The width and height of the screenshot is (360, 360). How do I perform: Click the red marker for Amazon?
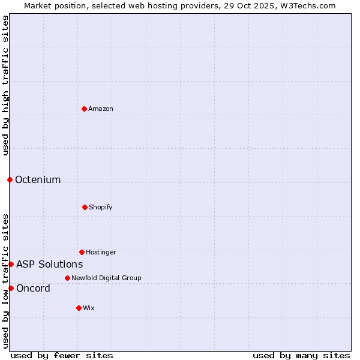tap(84, 109)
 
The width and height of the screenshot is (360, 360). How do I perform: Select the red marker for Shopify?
tap(85, 207)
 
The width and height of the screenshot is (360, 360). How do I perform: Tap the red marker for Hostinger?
tap(82, 252)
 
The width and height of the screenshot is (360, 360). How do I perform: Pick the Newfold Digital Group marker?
tap(67, 278)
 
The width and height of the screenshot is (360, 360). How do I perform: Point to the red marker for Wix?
tap(79, 308)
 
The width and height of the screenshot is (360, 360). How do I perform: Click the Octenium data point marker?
tap(10, 179)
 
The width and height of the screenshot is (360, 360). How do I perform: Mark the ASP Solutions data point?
tap(11, 264)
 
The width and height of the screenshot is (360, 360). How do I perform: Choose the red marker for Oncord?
tap(11, 288)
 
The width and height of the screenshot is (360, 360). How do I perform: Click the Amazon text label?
tap(101, 109)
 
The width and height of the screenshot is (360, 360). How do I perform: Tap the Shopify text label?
tap(101, 207)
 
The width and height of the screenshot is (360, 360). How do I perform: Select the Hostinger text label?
tap(101, 252)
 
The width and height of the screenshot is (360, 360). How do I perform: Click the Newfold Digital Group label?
tap(106, 278)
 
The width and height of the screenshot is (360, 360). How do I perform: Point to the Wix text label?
tap(89, 308)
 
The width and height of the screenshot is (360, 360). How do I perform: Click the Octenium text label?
tap(38, 179)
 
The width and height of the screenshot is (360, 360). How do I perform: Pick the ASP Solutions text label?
tap(49, 264)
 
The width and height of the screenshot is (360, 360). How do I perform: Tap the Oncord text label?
tap(33, 288)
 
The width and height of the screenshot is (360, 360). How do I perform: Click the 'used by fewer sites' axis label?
tap(62, 355)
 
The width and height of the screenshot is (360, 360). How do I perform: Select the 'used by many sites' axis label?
tap(301, 355)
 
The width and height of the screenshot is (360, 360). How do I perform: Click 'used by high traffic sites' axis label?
tap(5, 85)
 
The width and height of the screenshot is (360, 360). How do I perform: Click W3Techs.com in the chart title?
tap(309, 5)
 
